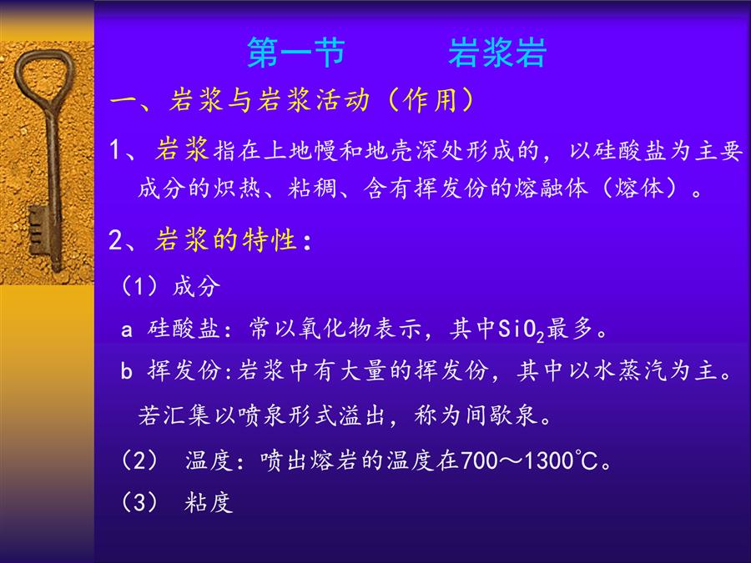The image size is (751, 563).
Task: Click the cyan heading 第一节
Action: click(x=296, y=53)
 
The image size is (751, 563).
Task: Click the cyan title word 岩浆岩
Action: click(x=497, y=53)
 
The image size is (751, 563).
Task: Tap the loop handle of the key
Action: click(x=44, y=77)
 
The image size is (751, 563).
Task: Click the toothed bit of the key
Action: click(x=38, y=230)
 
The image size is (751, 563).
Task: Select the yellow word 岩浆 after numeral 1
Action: click(x=182, y=149)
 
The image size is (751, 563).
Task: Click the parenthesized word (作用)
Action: click(x=431, y=101)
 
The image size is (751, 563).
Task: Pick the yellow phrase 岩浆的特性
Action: click(x=225, y=239)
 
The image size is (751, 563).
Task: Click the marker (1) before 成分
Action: click(x=139, y=286)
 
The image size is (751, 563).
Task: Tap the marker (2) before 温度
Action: click(x=139, y=460)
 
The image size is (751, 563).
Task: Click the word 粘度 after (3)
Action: click(x=209, y=503)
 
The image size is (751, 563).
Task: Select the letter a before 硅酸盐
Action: click(x=127, y=329)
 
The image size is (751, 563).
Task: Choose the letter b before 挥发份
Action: click(x=127, y=369)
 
